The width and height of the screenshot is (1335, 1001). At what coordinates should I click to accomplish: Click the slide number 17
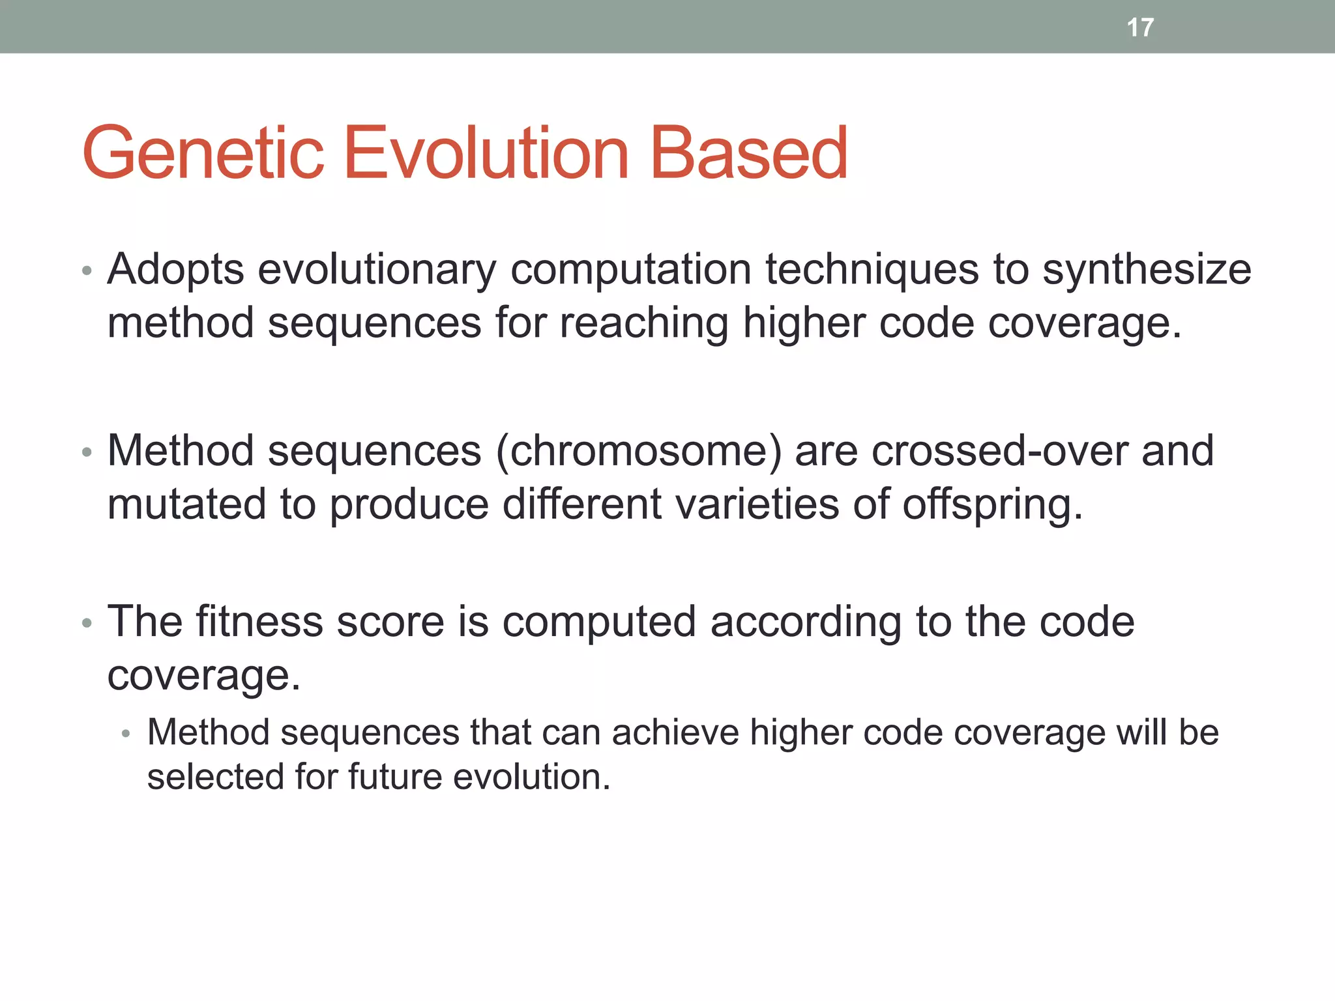[x=1140, y=27]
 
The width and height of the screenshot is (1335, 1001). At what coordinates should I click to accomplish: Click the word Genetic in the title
[x=203, y=154]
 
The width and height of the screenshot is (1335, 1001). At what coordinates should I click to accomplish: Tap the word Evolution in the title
[x=485, y=154]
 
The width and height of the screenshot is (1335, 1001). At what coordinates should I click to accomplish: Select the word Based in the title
[x=749, y=154]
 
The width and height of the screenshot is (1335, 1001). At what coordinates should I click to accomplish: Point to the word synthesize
[x=1147, y=270]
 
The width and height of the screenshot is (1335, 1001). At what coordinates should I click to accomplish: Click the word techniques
[x=872, y=270]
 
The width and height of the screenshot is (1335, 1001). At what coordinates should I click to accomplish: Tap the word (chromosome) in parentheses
[x=638, y=451]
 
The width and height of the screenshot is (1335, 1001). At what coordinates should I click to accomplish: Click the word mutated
[x=186, y=504]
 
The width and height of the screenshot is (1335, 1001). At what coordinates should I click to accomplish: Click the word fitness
[x=259, y=622]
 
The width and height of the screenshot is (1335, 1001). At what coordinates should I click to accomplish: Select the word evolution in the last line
[x=531, y=777]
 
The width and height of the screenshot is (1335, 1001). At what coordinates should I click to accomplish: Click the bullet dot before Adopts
[x=87, y=270]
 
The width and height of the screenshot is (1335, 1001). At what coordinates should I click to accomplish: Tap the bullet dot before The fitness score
[x=87, y=623]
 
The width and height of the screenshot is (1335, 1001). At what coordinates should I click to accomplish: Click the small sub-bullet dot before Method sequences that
[x=126, y=734]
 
